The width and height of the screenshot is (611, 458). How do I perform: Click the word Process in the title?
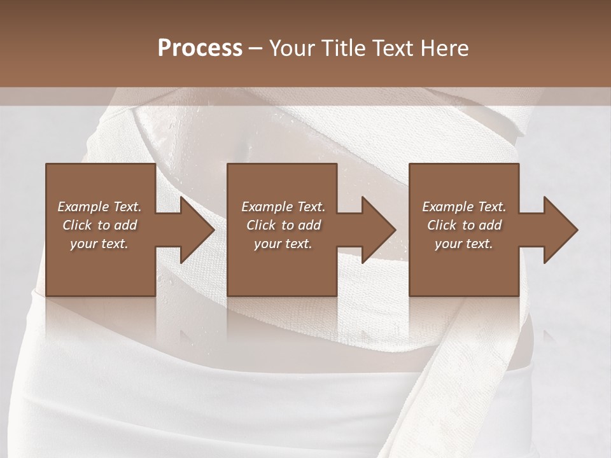[x=200, y=48]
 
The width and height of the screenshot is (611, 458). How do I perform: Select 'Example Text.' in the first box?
[x=99, y=207]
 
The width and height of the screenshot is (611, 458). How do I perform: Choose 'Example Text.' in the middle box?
[x=283, y=207]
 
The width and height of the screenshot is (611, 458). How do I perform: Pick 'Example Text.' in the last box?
[x=464, y=207]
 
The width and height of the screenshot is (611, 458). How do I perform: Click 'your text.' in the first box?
[x=99, y=244]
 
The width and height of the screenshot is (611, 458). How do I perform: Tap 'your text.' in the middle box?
[x=283, y=244]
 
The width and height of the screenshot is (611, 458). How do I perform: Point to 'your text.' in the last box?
[x=464, y=244]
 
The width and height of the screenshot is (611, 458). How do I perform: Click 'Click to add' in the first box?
[x=99, y=225]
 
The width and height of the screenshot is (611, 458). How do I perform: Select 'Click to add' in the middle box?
[x=283, y=225]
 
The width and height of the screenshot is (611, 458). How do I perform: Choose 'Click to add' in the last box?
[x=464, y=225]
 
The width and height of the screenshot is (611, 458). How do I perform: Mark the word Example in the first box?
[x=83, y=207]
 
